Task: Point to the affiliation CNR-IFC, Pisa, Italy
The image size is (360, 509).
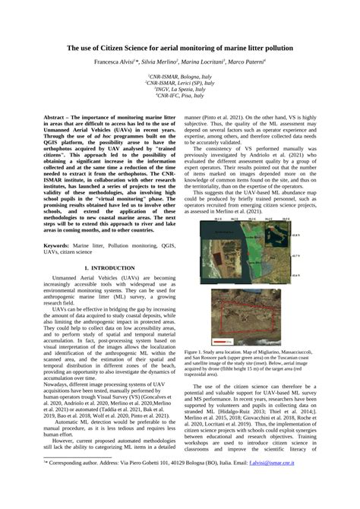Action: pos(180,96)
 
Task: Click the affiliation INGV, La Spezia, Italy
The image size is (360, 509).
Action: pos(180,90)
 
